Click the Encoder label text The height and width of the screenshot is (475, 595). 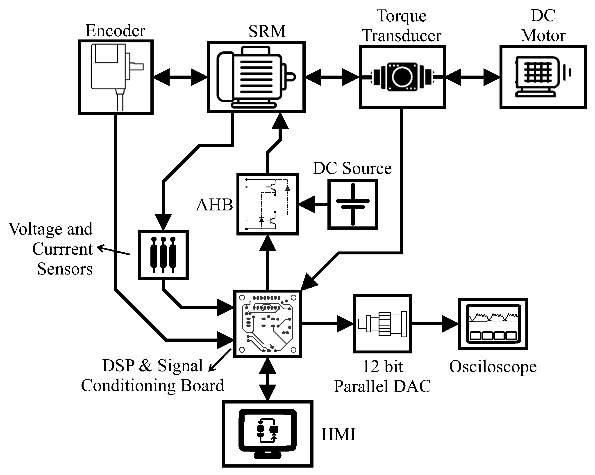tap(115, 31)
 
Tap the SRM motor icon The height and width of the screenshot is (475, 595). tap(256, 77)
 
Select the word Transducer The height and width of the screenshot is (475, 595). tap(402, 36)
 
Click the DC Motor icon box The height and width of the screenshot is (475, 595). tap(543, 77)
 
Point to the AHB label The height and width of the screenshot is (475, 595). tap(214, 205)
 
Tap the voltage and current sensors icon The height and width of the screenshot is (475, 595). tap(163, 255)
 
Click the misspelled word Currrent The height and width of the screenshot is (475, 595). tap(62, 249)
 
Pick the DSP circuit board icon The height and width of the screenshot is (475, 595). tap(267, 324)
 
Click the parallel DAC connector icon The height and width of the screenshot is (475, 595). tap(382, 324)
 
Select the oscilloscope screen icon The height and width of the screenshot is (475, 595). tap(493, 324)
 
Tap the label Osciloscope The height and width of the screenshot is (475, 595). tap(493, 367)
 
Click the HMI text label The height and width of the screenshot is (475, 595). tap(338, 434)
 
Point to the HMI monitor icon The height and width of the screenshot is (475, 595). tap(267, 434)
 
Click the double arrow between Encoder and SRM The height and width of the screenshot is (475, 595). tap(180, 77)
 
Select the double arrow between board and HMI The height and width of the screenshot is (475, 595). tap(267, 379)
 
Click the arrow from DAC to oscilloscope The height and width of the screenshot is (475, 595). tap(434, 324)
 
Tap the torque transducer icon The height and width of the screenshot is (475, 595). tap(402, 77)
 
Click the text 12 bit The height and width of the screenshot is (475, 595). tap(382, 367)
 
